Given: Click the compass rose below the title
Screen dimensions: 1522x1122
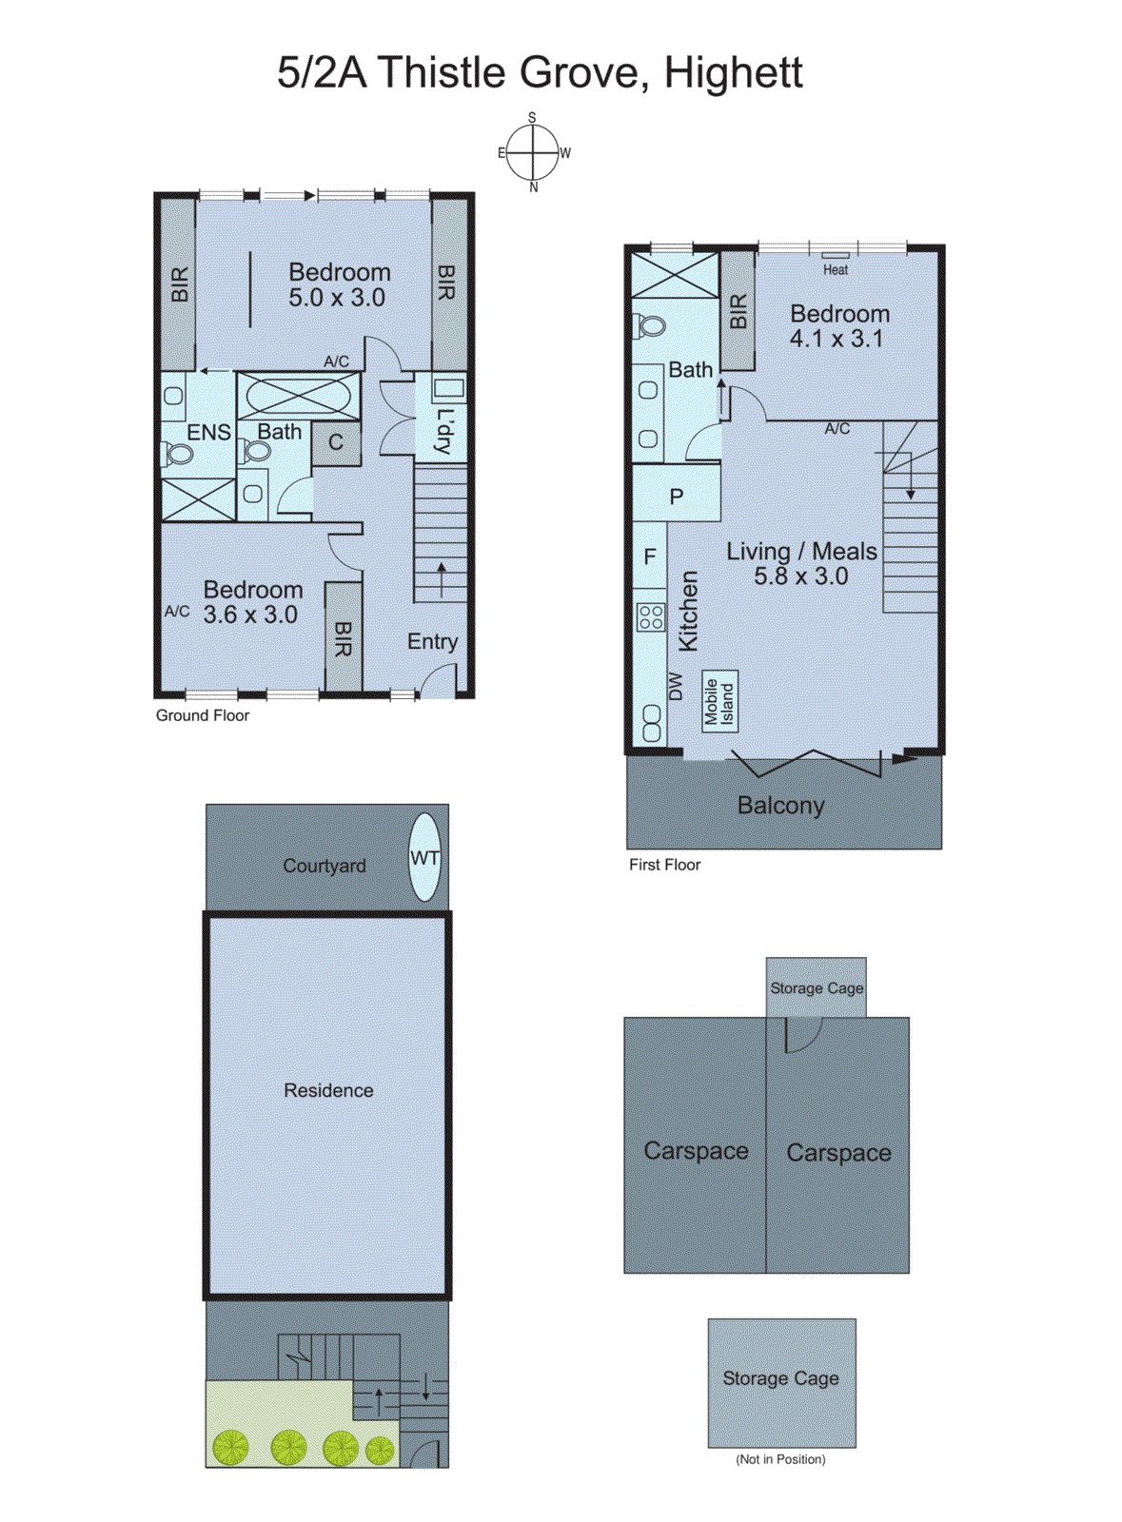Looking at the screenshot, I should pos(533,152).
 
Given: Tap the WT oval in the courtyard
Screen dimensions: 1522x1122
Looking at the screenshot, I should pos(424,857).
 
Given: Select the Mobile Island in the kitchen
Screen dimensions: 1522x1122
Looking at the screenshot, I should pos(719,701).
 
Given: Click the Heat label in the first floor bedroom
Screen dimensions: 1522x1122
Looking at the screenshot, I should pos(836,269).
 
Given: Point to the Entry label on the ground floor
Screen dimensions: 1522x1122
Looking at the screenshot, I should pos(432,641).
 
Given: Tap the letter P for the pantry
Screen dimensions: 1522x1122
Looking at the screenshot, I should pos(677,496).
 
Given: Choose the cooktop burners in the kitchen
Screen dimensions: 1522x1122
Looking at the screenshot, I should pos(651,616).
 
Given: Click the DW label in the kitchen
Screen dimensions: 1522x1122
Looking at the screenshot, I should pos(676,686).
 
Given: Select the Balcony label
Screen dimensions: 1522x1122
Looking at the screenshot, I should pos(780,805).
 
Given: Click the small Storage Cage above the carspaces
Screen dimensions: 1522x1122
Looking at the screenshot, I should pos(817,987).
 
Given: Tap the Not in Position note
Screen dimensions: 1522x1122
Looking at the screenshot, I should pos(780,1459).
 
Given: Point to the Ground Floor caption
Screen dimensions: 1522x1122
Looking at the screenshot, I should pos(202,715).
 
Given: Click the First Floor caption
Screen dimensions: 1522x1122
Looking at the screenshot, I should pos(664,865).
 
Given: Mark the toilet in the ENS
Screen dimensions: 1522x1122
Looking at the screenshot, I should pos(176,454).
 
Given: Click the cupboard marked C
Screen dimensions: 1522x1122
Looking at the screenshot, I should pos(336,442).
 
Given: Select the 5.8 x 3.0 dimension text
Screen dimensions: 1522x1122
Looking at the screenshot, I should pos(800,576).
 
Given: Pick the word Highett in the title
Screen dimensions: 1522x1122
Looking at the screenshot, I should pos(733,73).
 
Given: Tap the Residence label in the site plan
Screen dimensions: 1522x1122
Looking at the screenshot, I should pos(328,1090).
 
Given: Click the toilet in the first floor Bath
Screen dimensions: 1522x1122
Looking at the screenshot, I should pos(650,325).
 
